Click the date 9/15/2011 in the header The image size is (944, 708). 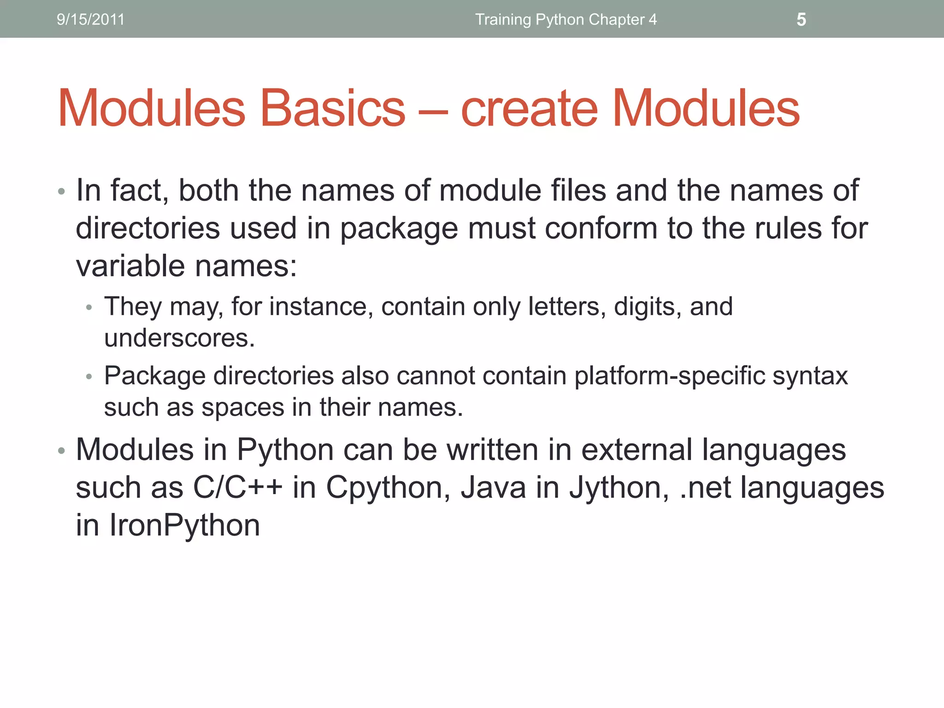(x=90, y=19)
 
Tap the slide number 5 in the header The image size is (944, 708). (x=801, y=19)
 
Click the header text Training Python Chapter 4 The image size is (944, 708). (x=566, y=19)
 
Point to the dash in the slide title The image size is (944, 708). (x=433, y=111)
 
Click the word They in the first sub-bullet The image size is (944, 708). (x=133, y=307)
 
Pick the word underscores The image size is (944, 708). (x=179, y=338)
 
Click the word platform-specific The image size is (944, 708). (x=669, y=376)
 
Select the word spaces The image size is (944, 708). (x=243, y=407)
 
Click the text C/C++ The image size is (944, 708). (x=237, y=487)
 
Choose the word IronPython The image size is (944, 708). (x=184, y=525)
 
